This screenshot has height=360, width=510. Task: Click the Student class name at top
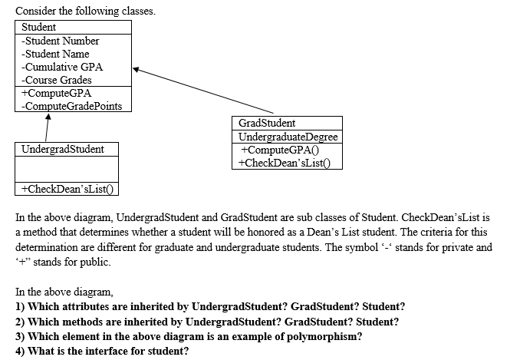[x=39, y=27]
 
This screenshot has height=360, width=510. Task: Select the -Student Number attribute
[x=61, y=41]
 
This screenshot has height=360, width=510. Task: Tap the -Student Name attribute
[x=55, y=54]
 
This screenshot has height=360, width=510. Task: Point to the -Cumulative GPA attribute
[x=62, y=67]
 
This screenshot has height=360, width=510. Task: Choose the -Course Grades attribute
[x=57, y=80]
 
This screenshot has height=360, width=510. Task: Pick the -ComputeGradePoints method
[x=72, y=106]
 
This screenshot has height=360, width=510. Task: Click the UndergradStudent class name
[x=63, y=149]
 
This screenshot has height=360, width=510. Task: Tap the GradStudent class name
[x=267, y=123]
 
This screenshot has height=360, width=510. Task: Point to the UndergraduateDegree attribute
[x=288, y=137]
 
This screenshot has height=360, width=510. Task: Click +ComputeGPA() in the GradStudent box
[x=278, y=150]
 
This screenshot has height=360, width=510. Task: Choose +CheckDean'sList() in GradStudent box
[x=286, y=163]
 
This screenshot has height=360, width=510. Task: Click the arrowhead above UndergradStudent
[x=48, y=117]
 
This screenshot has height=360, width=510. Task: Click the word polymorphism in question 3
[x=303, y=337]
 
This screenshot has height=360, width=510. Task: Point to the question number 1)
[x=20, y=307]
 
